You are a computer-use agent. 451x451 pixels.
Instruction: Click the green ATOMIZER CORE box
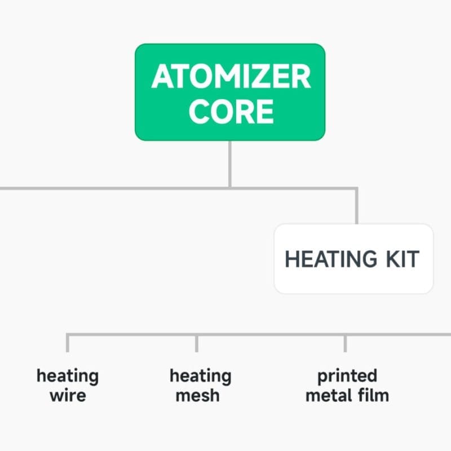pyautogui.click(x=230, y=92)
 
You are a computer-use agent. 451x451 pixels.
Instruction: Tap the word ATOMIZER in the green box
pyautogui.click(x=231, y=77)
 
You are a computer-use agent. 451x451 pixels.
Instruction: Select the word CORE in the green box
pyautogui.click(x=231, y=111)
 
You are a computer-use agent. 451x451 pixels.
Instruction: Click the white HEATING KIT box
pyautogui.click(x=353, y=259)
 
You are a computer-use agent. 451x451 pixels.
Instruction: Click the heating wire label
pyautogui.click(x=68, y=385)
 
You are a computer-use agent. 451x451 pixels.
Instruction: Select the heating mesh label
pyautogui.click(x=200, y=385)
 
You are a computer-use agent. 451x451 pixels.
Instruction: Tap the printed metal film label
pyautogui.click(x=347, y=385)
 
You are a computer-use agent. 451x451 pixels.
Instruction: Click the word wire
pyautogui.click(x=68, y=395)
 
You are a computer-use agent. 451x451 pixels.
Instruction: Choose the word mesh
pyautogui.click(x=197, y=395)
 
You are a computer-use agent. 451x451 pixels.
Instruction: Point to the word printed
pyautogui.click(x=347, y=375)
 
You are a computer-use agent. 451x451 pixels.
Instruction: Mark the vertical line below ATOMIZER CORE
pyautogui.click(x=230, y=163)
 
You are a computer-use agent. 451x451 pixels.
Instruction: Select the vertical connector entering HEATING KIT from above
pyautogui.click(x=356, y=206)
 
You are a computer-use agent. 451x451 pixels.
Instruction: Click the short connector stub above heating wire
pyautogui.click(x=67, y=343)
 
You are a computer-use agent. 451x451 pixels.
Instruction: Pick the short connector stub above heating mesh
pyautogui.click(x=196, y=343)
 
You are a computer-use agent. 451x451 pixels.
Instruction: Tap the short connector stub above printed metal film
pyautogui.click(x=345, y=343)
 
